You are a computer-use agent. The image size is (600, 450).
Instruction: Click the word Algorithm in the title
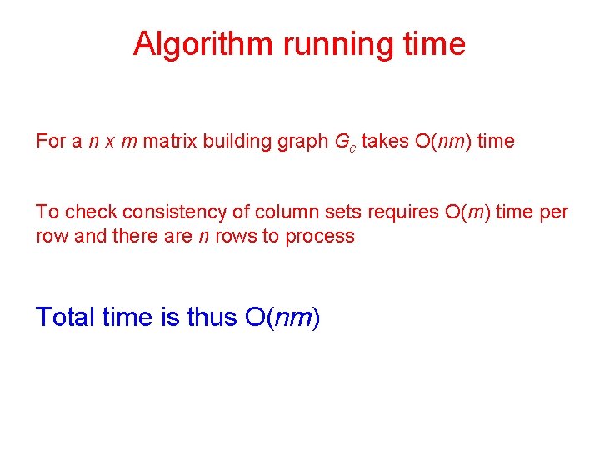click(x=202, y=43)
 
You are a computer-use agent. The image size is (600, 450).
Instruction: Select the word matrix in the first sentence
click(x=167, y=141)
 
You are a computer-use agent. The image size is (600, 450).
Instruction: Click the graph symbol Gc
click(x=345, y=142)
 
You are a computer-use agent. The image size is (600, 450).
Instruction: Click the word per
click(x=553, y=213)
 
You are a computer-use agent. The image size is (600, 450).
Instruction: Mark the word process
click(x=320, y=237)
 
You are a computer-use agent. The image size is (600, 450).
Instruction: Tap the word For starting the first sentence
click(x=50, y=141)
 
